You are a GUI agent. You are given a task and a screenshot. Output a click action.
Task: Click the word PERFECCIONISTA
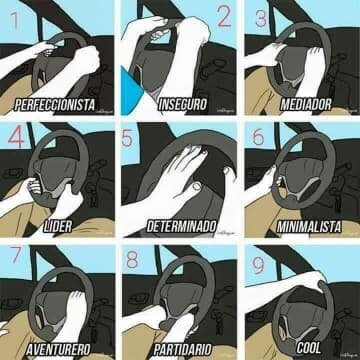55,105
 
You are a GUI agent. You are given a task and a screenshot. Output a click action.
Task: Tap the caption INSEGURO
182,104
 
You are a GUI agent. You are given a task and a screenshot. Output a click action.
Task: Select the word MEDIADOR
306,104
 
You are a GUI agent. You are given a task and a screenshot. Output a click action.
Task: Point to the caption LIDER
58,227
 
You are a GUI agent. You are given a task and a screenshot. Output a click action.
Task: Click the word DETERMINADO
182,227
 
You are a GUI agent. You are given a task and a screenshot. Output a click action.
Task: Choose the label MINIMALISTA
309,227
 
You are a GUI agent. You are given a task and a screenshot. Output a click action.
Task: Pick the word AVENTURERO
58,349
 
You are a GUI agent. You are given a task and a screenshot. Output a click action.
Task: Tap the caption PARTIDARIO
182,349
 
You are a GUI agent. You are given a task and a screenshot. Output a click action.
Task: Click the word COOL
309,348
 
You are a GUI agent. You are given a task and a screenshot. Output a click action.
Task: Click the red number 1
15,20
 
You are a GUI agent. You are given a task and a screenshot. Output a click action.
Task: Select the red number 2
224,16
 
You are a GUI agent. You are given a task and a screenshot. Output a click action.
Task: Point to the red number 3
261,19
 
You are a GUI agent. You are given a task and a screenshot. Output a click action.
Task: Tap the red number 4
16,137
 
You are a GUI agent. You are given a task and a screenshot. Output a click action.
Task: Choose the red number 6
259,137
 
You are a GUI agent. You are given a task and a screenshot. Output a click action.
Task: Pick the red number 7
16,255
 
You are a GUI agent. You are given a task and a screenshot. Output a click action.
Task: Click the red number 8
132,260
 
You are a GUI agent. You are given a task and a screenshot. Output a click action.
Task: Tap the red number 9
259,266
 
